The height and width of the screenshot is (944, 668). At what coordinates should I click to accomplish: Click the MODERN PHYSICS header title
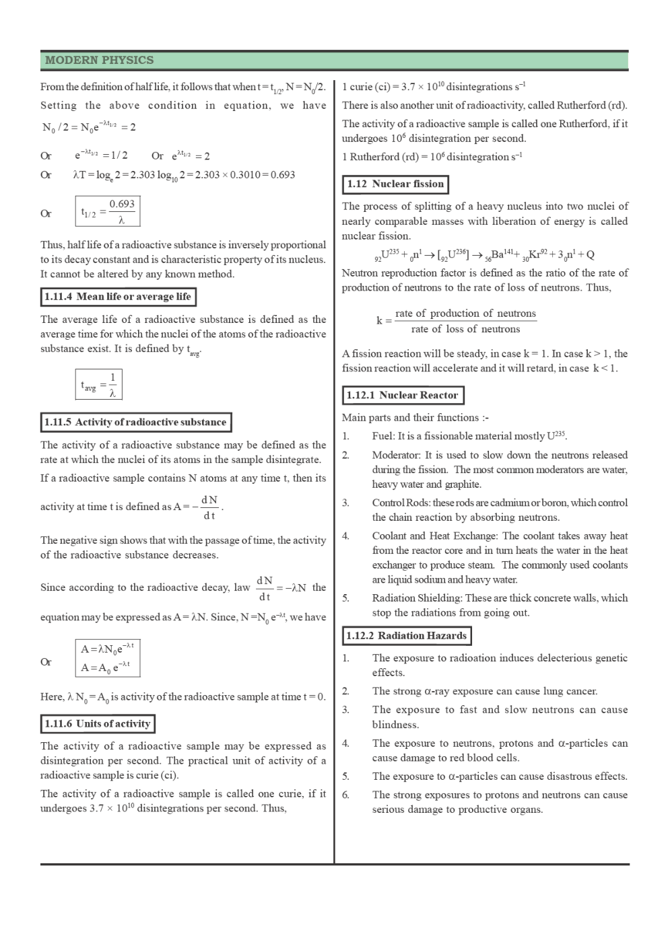click(99, 61)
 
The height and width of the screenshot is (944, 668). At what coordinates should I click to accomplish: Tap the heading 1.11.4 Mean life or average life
click(118, 297)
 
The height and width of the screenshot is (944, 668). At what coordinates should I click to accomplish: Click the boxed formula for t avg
click(98, 385)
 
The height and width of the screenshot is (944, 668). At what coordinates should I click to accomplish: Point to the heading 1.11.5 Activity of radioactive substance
click(135, 423)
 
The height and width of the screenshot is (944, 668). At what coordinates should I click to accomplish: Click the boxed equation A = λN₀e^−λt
click(108, 657)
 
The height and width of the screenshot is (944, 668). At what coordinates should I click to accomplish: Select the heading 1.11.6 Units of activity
click(97, 724)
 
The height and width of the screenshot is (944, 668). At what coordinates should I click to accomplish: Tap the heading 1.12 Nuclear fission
click(395, 184)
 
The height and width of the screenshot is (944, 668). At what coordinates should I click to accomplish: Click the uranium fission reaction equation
click(483, 255)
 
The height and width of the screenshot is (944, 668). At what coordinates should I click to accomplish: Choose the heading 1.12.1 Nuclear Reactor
click(403, 396)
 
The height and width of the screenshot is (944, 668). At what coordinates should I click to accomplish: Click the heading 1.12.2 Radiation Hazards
click(406, 636)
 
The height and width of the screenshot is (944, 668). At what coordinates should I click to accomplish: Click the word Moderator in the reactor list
click(396, 456)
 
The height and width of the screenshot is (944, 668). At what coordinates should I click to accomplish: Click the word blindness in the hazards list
click(395, 725)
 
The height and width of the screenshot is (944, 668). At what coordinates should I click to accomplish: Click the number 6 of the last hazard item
click(345, 795)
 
